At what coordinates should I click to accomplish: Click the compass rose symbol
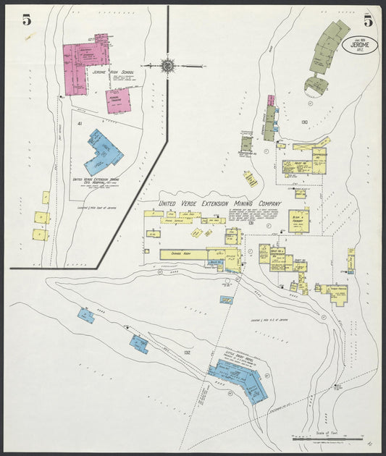[167, 65]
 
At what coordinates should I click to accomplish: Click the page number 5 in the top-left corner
[27, 20]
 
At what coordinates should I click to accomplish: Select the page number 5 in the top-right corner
[368, 20]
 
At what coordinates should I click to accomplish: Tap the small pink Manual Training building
[118, 101]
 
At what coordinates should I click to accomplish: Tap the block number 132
[187, 352]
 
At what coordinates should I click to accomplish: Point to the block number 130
[304, 122]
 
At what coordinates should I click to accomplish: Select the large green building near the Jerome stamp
[330, 48]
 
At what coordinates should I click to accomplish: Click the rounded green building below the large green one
[316, 85]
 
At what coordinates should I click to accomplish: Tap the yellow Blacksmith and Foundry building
[298, 220]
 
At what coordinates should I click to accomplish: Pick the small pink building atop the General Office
[271, 101]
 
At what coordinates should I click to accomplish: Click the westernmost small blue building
[86, 315]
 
